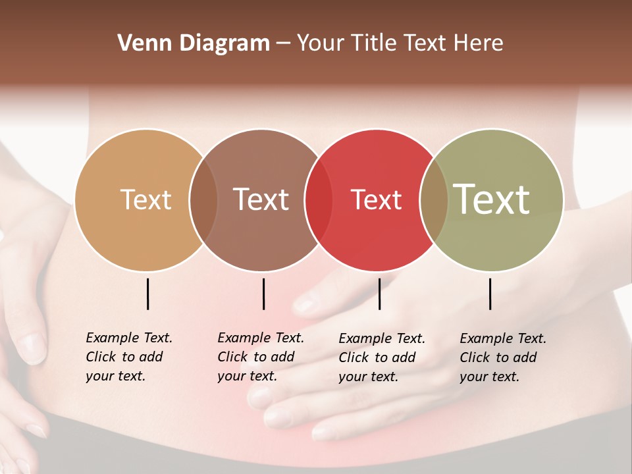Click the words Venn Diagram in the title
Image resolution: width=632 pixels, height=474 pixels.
194,43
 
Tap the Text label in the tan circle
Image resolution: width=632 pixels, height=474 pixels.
145,199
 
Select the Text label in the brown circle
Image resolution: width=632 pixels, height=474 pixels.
261,199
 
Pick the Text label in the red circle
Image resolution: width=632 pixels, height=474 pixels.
376,199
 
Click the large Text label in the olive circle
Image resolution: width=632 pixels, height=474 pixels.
491,199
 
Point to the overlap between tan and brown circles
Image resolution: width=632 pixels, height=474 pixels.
203,199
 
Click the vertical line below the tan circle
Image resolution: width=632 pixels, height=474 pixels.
148,294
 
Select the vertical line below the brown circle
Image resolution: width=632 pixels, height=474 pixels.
263,294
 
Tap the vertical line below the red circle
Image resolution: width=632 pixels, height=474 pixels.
379,294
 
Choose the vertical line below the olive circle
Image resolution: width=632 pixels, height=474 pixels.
490,294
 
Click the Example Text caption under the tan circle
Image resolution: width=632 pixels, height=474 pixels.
129,357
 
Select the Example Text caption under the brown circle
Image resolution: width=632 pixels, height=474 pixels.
261,357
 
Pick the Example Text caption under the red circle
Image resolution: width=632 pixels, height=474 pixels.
382,357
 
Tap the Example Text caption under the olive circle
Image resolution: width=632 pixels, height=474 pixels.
503,357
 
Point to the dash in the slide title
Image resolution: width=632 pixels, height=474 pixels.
283,43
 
